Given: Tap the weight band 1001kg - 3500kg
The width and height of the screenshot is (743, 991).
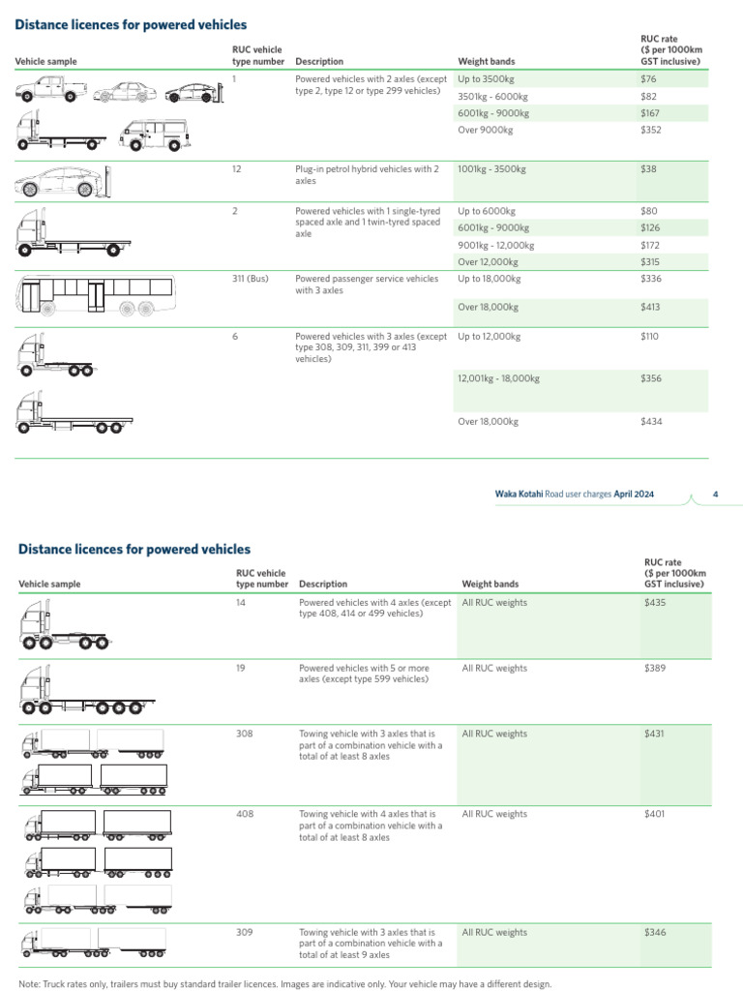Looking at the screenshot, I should coord(491,169).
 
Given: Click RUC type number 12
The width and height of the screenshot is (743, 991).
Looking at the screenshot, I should coord(237,169).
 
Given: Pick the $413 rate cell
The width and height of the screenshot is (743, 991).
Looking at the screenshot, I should coord(650,308).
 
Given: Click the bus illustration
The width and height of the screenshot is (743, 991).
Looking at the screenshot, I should coord(96,294).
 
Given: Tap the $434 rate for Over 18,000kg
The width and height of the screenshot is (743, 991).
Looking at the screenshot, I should coord(650,422).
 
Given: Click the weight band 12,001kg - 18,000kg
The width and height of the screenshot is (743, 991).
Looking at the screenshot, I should coord(498,378).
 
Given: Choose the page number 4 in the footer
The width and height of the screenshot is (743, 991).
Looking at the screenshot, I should coord(715,495).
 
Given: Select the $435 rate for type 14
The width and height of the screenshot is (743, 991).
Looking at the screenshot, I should coord(655,603).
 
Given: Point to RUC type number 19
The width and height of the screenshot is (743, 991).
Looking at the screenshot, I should coord(241,668).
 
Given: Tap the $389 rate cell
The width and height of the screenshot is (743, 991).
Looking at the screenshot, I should coord(655,668).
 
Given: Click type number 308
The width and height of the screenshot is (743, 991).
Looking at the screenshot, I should coord(244,735).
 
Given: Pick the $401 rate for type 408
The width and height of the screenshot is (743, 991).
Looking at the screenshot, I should coord(655,815).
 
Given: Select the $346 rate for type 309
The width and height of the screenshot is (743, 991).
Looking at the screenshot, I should coord(655,933).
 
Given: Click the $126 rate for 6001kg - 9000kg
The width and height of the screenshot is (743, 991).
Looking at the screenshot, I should coord(650,228).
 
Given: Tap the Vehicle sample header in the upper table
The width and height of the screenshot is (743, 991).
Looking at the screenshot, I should coord(45,62).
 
